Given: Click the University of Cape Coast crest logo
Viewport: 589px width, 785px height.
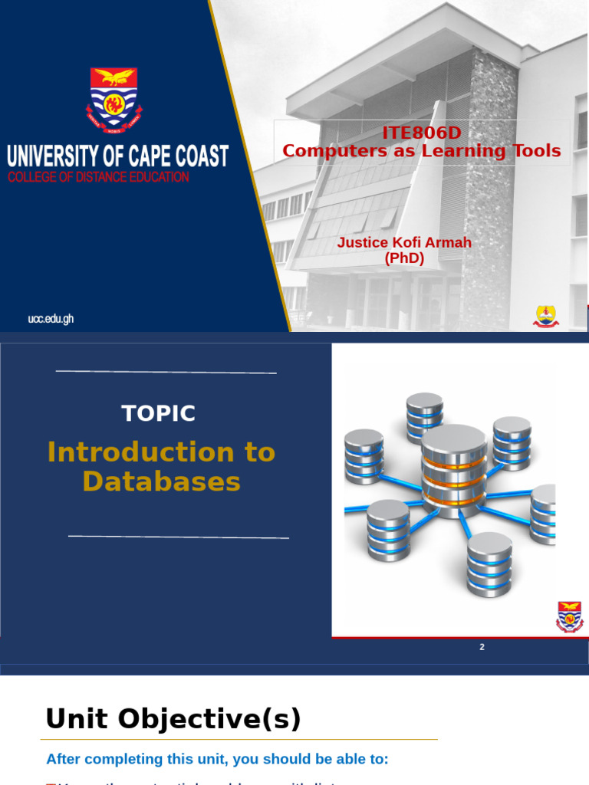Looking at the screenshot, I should [x=115, y=97].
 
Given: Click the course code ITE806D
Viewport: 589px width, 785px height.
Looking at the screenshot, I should [x=421, y=133].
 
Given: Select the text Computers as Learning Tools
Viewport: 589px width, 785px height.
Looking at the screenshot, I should [x=421, y=151].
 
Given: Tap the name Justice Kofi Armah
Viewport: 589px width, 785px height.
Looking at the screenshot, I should [x=404, y=242].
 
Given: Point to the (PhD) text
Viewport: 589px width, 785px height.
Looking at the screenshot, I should [x=404, y=258].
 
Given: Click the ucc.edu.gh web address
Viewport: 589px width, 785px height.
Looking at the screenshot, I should [x=51, y=319].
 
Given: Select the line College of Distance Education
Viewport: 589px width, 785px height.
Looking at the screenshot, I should [x=98, y=177].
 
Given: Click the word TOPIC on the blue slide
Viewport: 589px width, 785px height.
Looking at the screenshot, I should [x=159, y=413].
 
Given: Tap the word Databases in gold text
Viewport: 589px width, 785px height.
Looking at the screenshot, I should [x=161, y=482].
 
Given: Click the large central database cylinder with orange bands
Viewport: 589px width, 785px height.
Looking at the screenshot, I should [x=453, y=469].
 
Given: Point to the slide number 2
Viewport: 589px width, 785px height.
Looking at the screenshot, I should [x=482, y=647].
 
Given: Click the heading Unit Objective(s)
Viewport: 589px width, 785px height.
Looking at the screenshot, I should [x=173, y=719].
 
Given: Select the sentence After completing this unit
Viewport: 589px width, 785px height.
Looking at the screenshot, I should [x=217, y=759].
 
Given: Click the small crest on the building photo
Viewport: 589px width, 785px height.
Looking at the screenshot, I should [x=546, y=316].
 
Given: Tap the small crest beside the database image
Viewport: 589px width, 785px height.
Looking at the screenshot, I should [x=569, y=616].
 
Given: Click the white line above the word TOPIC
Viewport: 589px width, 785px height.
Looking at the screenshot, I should [x=166, y=372].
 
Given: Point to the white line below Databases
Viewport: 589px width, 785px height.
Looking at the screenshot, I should [x=178, y=537].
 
